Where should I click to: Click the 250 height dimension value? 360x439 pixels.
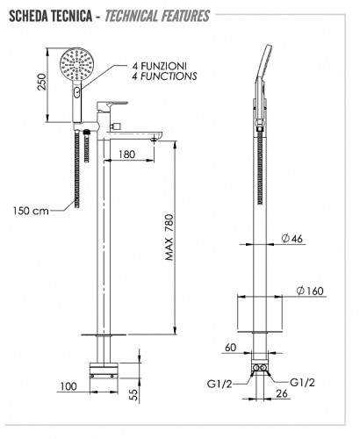click(x=43, y=82)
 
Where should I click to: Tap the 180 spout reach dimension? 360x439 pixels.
click(x=127, y=155)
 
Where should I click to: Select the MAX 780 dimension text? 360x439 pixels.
click(x=169, y=237)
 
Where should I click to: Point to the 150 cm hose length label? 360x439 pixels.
click(x=31, y=211)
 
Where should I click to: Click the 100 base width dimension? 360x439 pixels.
click(x=68, y=386)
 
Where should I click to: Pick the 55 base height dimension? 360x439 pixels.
click(x=133, y=394)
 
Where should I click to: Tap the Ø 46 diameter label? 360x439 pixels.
click(x=292, y=239)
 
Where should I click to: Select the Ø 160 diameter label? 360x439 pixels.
click(x=310, y=291)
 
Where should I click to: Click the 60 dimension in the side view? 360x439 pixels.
click(x=231, y=348)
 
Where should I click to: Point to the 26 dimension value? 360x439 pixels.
click(x=282, y=393)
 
